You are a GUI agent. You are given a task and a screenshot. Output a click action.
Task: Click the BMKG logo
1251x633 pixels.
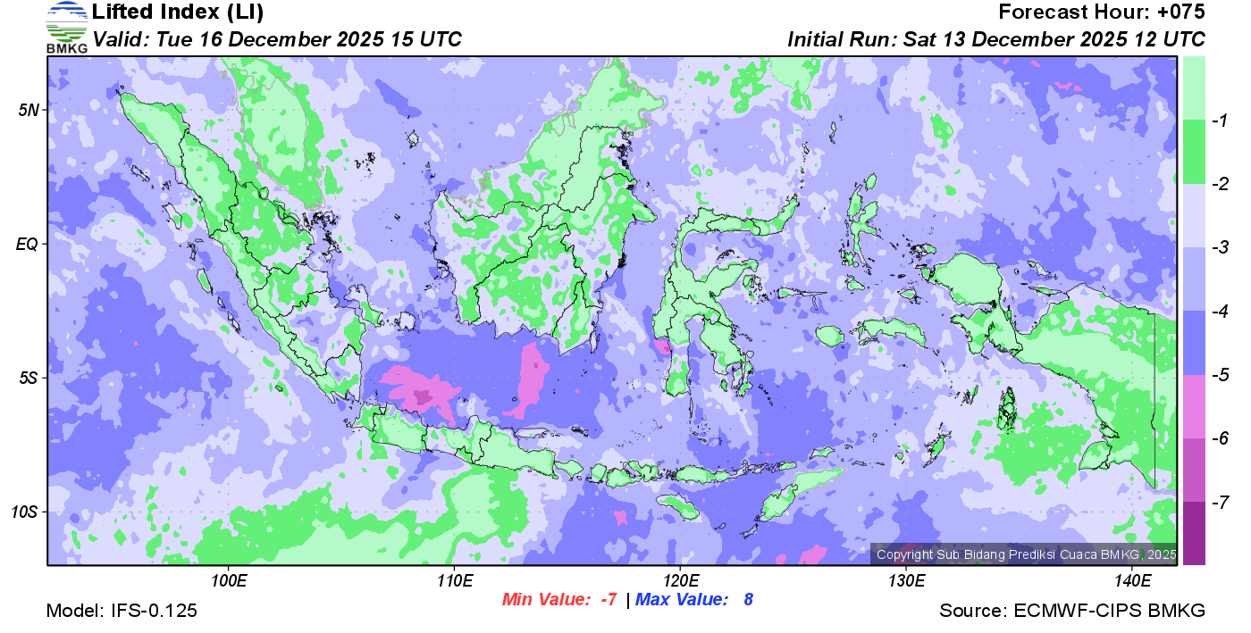[x=67, y=27]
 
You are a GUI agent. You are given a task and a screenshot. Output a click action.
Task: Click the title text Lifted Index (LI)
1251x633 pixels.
[x=178, y=12]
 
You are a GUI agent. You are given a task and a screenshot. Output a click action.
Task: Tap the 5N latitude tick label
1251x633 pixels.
[x=28, y=110]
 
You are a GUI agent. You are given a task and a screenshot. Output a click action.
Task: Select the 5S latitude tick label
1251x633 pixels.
[x=28, y=378]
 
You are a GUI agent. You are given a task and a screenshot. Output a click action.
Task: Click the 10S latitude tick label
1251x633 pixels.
[x=24, y=512]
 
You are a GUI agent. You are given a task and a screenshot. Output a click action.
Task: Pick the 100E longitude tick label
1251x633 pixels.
[x=229, y=580]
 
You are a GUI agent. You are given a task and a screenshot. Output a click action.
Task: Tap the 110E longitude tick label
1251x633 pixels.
[x=454, y=580]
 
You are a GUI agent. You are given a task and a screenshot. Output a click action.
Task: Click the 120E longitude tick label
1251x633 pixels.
[x=680, y=580]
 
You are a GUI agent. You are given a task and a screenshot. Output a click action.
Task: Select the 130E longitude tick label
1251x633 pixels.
[x=906, y=580]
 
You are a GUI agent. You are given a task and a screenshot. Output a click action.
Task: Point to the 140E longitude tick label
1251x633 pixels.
[x=1132, y=580]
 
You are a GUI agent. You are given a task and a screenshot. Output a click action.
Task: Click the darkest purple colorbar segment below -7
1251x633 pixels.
[x=1194, y=533]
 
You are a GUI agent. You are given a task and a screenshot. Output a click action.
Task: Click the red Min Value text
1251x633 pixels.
[x=559, y=600]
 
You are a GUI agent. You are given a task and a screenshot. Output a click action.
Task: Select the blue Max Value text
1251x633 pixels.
[x=693, y=600]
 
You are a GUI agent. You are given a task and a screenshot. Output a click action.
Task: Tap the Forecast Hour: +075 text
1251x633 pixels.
[x=1102, y=12]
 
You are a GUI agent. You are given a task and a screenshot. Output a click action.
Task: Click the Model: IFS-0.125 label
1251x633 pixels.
[x=122, y=611]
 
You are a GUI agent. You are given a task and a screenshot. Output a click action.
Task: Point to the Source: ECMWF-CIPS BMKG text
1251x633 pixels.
[x=1072, y=611]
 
